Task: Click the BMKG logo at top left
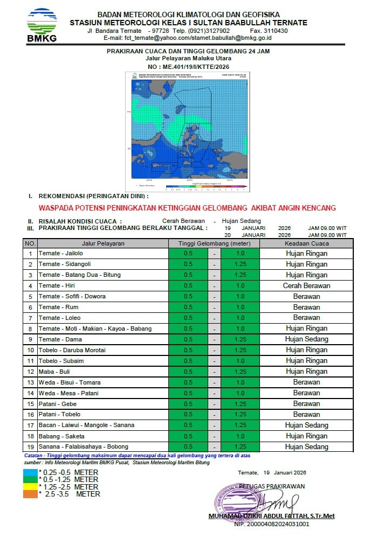click(x=42, y=25)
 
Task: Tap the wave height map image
click(x=188, y=131)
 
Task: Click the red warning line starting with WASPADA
click(x=188, y=208)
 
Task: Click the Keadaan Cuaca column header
click(x=306, y=243)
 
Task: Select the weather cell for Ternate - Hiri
click(x=306, y=286)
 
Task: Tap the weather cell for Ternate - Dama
click(x=306, y=339)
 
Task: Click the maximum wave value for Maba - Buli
click(x=240, y=372)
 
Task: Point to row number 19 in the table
click(x=31, y=447)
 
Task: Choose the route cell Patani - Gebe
click(x=58, y=404)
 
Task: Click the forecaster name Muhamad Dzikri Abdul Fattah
click(x=271, y=516)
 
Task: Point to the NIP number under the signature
click(x=271, y=523)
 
